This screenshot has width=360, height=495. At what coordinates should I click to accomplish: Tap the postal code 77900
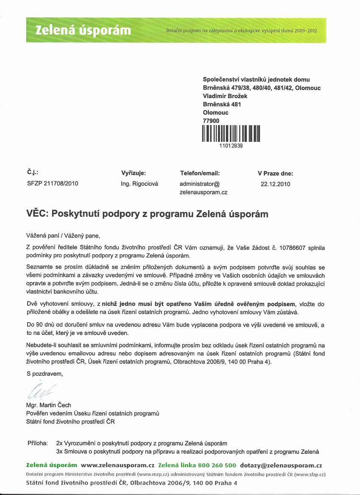point(211,121)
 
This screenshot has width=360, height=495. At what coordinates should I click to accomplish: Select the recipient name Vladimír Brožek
point(224,96)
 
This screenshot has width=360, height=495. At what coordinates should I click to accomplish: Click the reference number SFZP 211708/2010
point(53,183)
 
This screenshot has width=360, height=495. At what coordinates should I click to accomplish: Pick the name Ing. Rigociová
point(140,184)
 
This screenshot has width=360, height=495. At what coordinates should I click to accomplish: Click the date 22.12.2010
point(275,184)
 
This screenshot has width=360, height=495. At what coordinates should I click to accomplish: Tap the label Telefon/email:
point(200,173)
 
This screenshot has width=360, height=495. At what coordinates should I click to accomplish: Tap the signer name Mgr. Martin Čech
point(49,405)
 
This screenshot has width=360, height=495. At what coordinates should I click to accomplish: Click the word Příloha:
point(38,443)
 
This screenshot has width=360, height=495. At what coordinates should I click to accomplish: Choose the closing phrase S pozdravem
point(44,373)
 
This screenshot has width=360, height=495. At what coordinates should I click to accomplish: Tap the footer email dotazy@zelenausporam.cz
point(281,465)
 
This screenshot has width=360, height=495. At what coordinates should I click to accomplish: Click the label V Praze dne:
point(275,173)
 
